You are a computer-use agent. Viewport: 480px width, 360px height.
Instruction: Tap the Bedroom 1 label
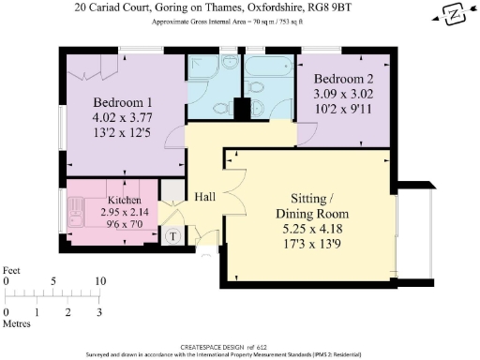123,102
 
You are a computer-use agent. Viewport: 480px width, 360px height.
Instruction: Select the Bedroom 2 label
343,79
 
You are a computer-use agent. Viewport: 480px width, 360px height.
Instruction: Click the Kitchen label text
125,201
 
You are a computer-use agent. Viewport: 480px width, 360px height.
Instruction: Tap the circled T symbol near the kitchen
172,236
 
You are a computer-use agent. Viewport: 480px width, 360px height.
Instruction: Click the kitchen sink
76,207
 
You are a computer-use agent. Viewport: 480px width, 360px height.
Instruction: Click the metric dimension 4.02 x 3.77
123,117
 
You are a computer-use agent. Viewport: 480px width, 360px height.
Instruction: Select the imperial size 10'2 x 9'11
343,109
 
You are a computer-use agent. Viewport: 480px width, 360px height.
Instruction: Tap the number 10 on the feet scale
100,280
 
